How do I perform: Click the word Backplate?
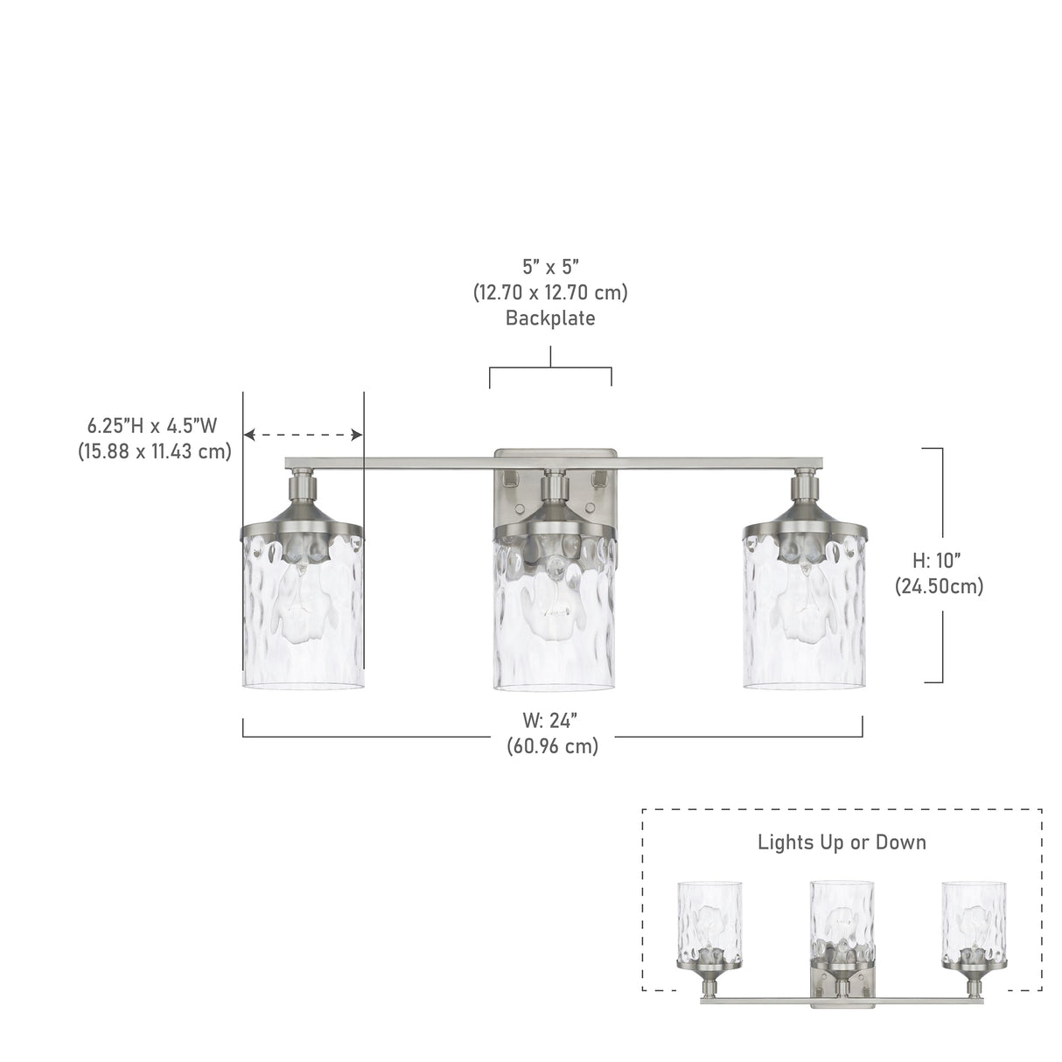pos(550,318)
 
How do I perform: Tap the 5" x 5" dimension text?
pos(550,268)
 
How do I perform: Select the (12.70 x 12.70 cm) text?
pos(550,293)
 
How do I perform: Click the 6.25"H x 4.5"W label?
pos(153,425)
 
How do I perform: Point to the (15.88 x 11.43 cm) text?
pos(154,451)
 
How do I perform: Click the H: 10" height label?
pos(937,561)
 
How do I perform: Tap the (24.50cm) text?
pos(939,586)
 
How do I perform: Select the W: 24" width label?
pos(551,720)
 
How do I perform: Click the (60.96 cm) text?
pos(552,746)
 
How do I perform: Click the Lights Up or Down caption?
pos(842,842)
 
